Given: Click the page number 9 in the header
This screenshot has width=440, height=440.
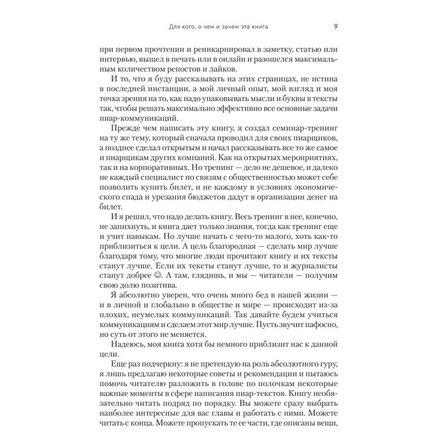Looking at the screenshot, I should (336, 27).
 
